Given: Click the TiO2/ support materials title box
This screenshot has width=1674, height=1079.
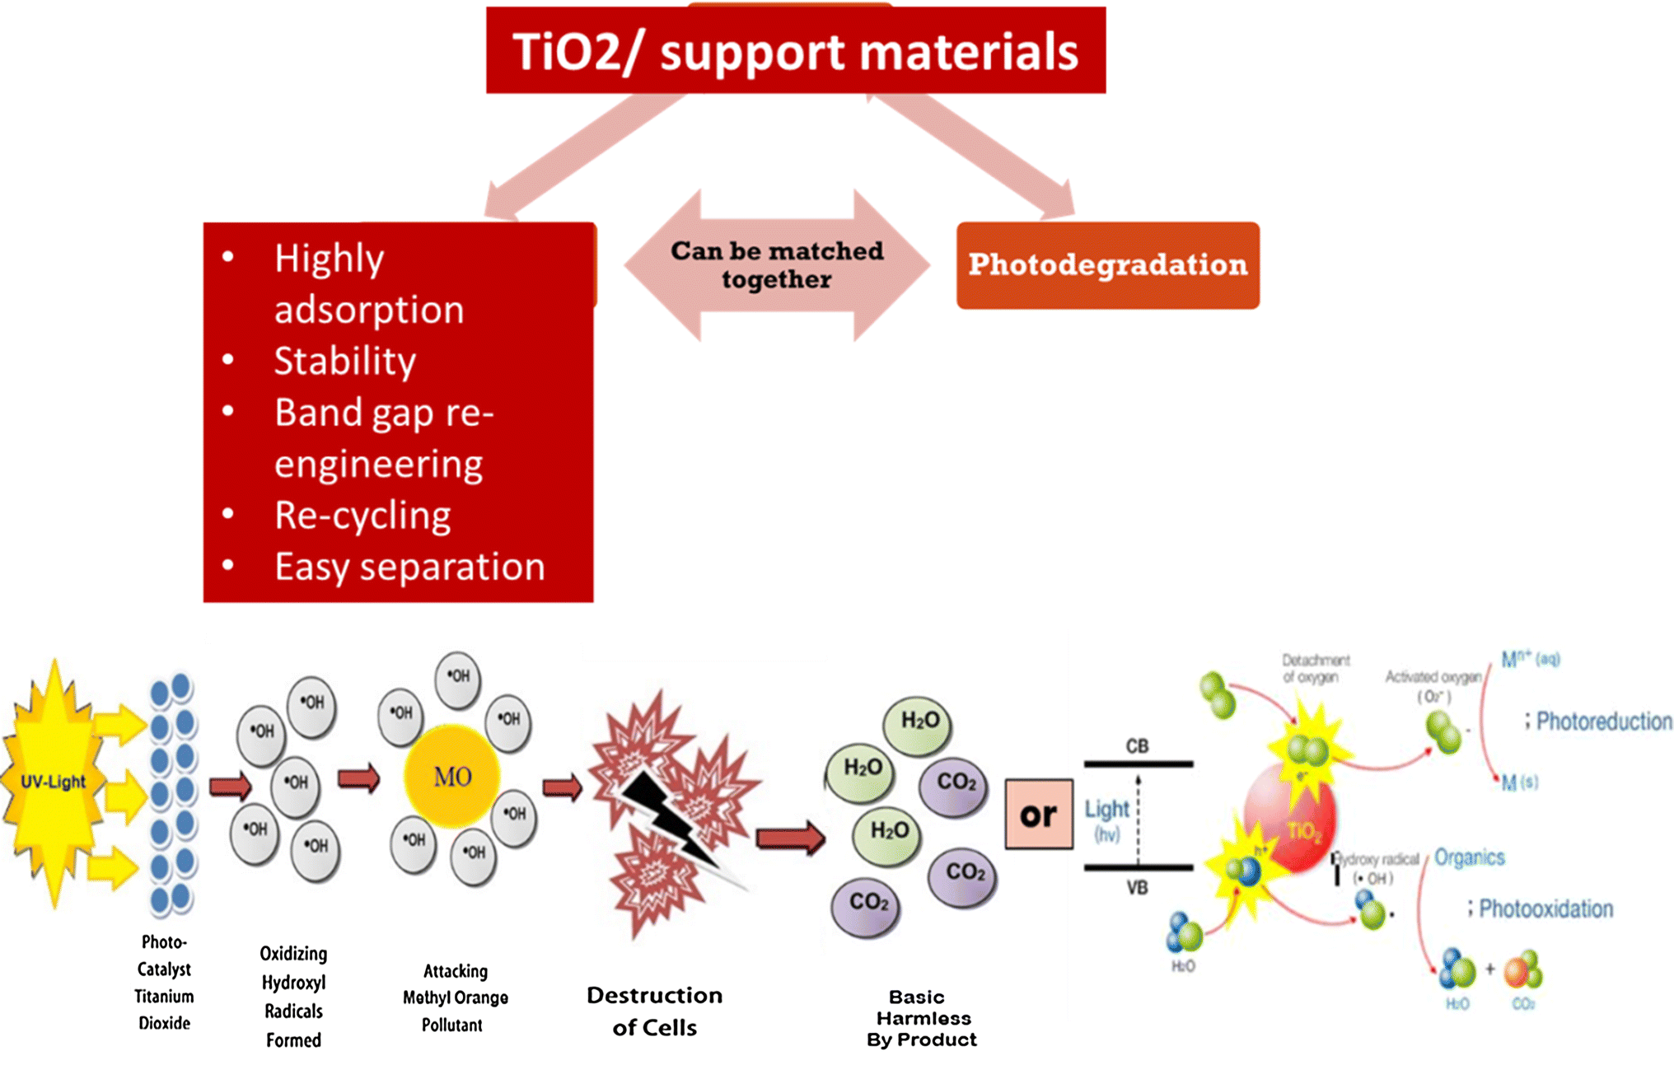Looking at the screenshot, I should [795, 51].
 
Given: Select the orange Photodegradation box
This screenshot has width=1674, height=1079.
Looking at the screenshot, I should [1107, 265].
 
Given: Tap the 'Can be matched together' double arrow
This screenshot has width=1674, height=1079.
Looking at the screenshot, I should [777, 265].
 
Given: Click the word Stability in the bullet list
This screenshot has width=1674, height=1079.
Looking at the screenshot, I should [344, 361].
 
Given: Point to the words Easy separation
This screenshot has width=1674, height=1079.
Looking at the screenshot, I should [409, 567].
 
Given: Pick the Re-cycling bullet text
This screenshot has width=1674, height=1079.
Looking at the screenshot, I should [362, 516].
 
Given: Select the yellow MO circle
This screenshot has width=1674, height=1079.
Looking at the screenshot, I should [452, 776].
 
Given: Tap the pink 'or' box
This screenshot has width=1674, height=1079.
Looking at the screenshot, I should [1038, 815].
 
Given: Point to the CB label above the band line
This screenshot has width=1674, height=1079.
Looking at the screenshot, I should [1137, 746].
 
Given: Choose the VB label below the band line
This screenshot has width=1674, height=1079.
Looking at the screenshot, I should [1137, 888].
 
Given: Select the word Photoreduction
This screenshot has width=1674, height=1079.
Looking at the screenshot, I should [1603, 722].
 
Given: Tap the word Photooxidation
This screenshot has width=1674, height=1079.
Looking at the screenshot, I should [1545, 909].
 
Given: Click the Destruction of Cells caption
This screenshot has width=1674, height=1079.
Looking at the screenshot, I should [654, 1011].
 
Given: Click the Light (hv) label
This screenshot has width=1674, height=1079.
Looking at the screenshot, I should [1106, 819].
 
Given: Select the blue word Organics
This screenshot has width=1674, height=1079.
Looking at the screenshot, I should [1469, 857].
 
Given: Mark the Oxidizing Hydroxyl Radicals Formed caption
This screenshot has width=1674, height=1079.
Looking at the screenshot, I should [293, 997].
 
